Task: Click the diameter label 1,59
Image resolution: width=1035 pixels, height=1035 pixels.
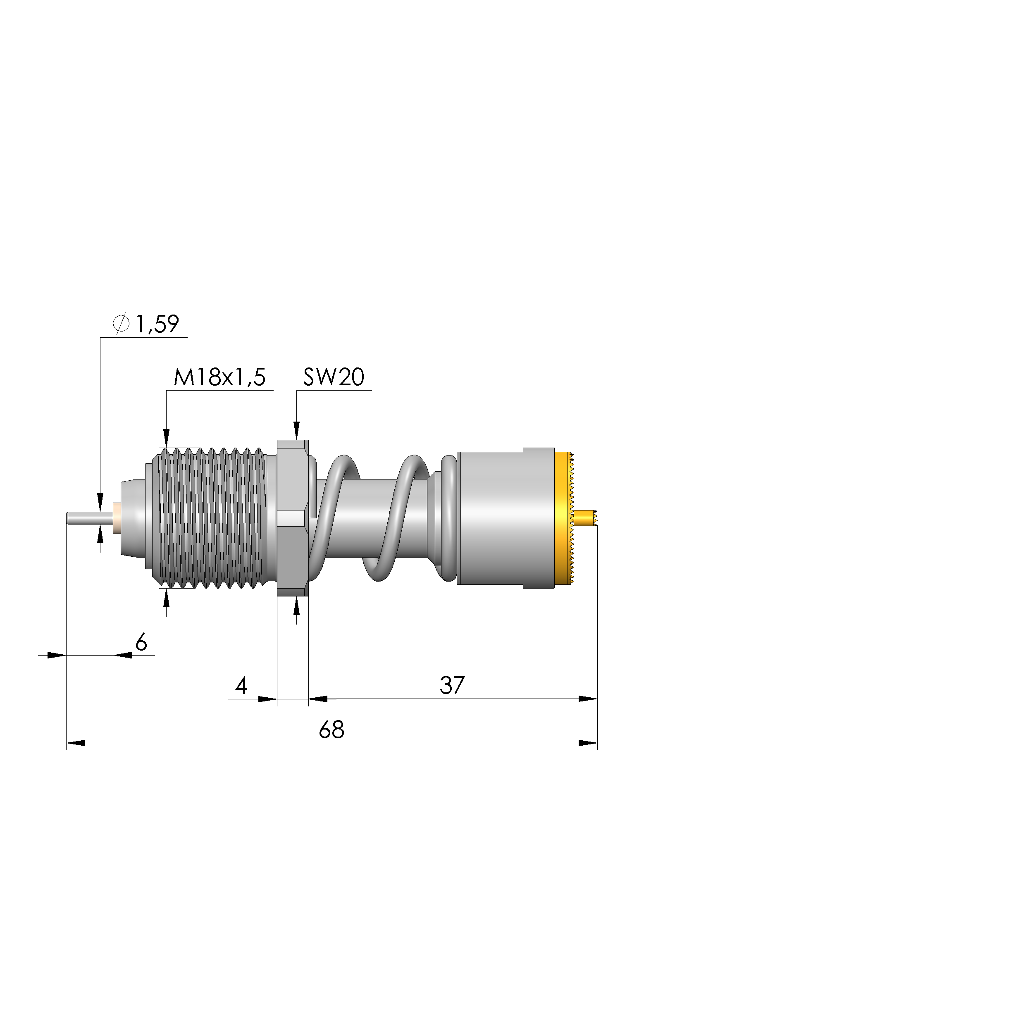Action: click(157, 324)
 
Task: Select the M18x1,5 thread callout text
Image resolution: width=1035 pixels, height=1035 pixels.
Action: click(219, 378)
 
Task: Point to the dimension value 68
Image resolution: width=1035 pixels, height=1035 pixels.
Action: click(331, 730)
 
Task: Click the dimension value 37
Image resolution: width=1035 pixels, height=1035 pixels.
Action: click(452, 685)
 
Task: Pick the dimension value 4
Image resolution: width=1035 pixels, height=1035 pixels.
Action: click(241, 686)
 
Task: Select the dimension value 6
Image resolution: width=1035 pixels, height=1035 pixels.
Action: click(141, 642)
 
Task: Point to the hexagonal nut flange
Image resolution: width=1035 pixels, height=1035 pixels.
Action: click(293, 518)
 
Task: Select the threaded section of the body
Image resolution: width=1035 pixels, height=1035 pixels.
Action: click(212, 518)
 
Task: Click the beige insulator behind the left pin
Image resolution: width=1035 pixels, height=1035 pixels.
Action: click(116, 518)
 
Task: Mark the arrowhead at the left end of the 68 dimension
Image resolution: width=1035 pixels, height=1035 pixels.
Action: click(75, 743)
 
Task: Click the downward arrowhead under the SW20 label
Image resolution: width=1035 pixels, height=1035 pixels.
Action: click(297, 431)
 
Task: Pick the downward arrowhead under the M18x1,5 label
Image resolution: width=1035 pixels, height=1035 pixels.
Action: click(166, 438)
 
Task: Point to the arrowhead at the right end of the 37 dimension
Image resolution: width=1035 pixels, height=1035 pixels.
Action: click(588, 699)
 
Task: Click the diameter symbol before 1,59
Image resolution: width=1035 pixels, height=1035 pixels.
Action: click(121, 324)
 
